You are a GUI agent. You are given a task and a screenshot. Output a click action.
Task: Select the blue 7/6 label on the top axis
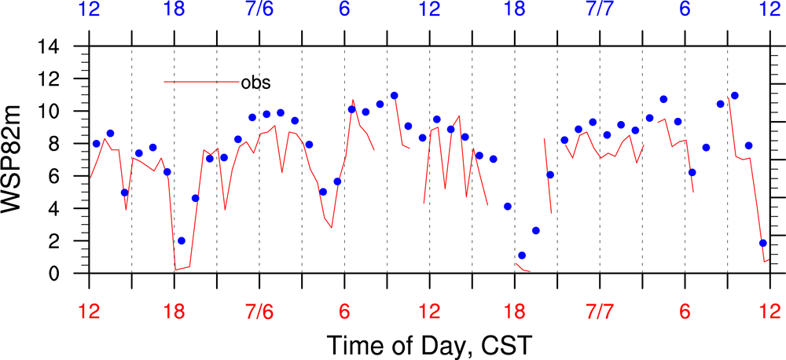[x=259, y=13]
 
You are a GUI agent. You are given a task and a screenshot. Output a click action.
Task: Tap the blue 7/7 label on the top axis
[x=600, y=13]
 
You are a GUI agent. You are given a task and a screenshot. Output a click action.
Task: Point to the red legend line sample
[x=200, y=81]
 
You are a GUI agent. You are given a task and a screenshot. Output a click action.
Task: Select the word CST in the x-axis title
[x=509, y=344]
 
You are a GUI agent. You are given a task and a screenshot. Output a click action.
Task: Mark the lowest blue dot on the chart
[x=522, y=255]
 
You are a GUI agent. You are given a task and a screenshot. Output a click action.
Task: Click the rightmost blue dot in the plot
[x=762, y=243]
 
